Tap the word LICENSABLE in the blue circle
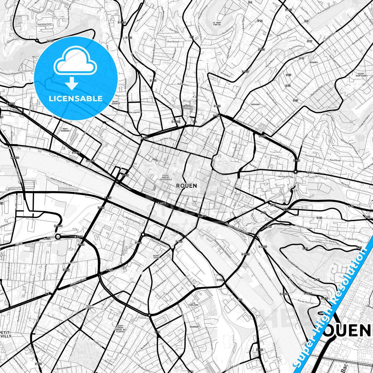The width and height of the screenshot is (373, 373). tap(76, 99)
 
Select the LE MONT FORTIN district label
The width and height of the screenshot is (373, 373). tap(217, 24)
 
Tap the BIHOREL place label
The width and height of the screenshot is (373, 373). tap(314, 62)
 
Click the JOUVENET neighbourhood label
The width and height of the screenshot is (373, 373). tap(256, 105)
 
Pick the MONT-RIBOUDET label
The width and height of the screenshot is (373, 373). tap(66, 130)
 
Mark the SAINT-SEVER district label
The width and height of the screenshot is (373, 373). tap(156, 257)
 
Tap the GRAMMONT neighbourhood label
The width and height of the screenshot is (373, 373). tap(194, 327)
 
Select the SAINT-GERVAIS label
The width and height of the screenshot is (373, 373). tap(116, 102)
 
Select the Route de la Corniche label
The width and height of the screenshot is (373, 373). tap(295, 266)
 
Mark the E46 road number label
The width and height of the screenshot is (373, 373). tap(240, 300)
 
